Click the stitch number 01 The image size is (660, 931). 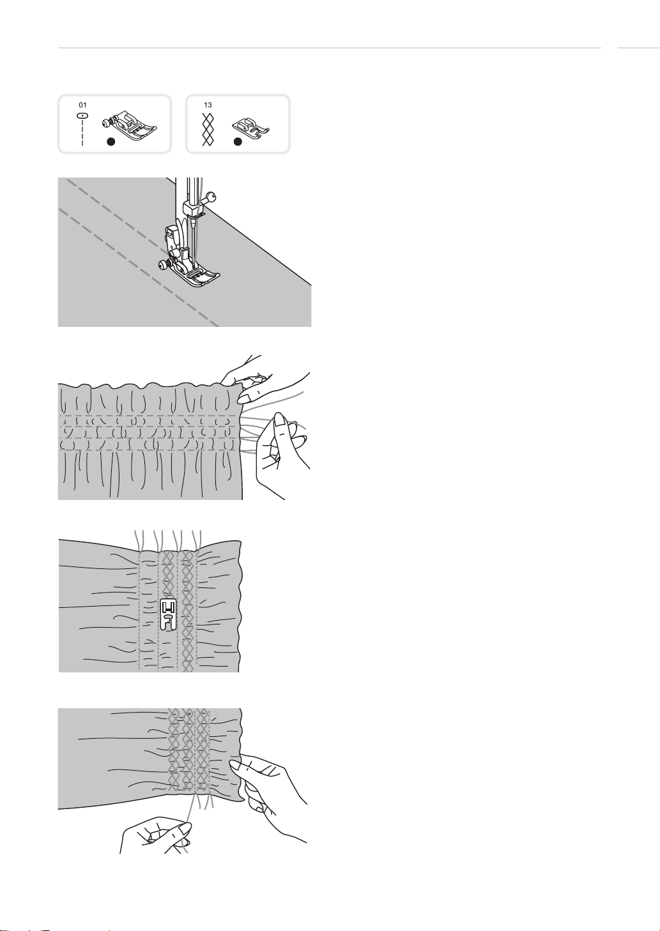(83, 105)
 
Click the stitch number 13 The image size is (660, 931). (208, 105)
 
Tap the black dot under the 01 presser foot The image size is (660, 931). (111, 142)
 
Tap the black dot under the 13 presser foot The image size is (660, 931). (238, 142)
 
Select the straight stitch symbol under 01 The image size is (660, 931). (83, 129)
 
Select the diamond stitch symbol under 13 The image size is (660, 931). (208, 129)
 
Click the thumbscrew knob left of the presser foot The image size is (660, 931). (164, 264)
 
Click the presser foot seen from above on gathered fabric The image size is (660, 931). (169, 614)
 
